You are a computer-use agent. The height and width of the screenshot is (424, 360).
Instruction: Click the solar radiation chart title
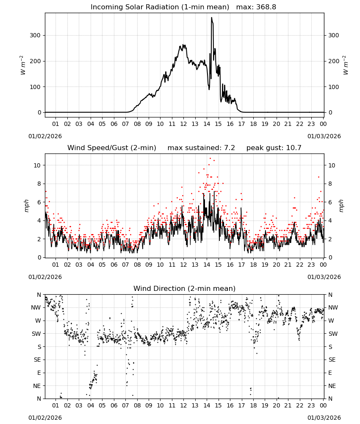(x=183, y=7)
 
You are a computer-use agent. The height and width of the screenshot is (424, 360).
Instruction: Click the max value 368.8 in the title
(x=266, y=7)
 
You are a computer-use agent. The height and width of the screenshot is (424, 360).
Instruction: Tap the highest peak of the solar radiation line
(x=211, y=17)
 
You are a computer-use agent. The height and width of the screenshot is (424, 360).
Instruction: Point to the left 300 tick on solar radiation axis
(x=35, y=36)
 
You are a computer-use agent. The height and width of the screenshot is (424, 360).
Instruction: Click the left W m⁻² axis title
(x=23, y=65)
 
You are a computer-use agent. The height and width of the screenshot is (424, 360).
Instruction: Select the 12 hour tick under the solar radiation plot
(x=183, y=124)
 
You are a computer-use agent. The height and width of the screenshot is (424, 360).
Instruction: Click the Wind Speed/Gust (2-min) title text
(x=111, y=148)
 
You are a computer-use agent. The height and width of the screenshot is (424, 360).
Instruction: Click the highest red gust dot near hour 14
(x=210, y=158)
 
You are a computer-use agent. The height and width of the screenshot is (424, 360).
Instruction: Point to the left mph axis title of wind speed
(x=26, y=206)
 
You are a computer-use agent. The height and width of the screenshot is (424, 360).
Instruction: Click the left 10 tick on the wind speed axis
(x=37, y=165)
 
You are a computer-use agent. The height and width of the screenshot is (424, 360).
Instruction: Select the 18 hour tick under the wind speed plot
(x=253, y=265)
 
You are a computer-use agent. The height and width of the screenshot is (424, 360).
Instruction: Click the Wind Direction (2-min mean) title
(x=185, y=288)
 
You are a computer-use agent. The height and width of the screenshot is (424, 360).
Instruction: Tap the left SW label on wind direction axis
(x=36, y=334)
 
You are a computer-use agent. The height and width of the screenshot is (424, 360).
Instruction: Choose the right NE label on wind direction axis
(x=332, y=386)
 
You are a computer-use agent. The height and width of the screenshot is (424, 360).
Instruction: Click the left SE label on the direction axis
(x=37, y=360)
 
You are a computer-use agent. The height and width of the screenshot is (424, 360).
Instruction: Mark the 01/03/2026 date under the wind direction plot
(x=324, y=418)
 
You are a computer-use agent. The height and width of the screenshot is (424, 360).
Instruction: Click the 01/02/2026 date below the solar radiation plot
(x=45, y=136)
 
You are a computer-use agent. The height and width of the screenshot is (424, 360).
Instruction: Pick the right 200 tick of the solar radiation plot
(x=334, y=61)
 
